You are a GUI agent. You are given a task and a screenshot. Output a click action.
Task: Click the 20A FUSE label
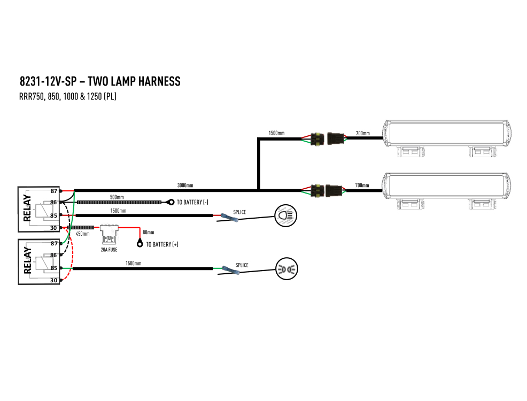(109, 250)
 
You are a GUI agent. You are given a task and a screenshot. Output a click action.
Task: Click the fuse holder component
(109, 234)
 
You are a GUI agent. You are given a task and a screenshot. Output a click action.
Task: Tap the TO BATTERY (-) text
(192, 202)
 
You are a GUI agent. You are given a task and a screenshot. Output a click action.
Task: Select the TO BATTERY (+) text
(162, 244)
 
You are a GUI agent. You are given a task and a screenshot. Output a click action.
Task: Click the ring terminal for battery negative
(170, 202)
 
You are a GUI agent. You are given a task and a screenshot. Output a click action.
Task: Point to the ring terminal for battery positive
(140, 243)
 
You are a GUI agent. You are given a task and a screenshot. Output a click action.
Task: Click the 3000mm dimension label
(185, 185)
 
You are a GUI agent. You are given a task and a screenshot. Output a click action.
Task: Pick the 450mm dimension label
(83, 234)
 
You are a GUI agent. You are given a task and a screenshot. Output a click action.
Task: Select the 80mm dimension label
(148, 232)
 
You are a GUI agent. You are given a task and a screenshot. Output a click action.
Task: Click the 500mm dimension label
(117, 197)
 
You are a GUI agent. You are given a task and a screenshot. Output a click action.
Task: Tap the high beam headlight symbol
(286, 215)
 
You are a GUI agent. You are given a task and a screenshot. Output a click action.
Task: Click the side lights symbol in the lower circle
(286, 269)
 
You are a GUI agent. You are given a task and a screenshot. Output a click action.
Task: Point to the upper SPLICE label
(239, 212)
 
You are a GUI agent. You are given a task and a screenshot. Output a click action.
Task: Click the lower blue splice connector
(230, 271)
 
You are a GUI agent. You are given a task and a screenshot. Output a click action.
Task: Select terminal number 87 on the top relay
(54, 191)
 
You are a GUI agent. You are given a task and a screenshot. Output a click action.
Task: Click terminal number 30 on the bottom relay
(54, 280)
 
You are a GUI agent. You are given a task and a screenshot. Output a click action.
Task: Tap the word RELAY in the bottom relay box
(28, 260)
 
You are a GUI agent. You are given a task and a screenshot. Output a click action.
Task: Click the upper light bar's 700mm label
(363, 133)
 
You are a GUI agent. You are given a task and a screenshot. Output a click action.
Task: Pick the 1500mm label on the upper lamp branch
(276, 133)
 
